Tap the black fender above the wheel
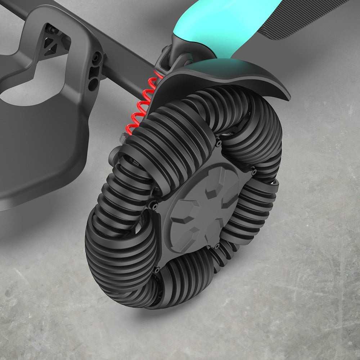tap(223, 77)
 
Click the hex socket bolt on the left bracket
tap(96, 57)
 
